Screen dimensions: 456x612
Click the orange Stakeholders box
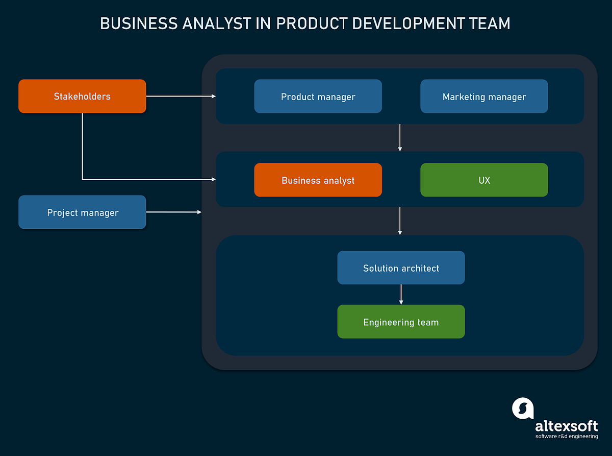[82, 96]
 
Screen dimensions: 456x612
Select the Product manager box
[318, 96]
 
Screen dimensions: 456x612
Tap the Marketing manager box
[484, 96]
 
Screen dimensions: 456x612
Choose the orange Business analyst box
[318, 180]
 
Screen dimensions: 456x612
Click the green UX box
[484, 180]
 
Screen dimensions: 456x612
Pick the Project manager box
[82, 212]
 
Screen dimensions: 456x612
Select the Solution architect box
[401, 268]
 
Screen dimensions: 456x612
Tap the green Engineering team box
[401, 322]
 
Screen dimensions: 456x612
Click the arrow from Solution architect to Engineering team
[401, 295]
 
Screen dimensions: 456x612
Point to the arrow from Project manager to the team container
[173, 212]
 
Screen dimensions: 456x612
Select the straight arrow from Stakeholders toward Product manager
[181, 96]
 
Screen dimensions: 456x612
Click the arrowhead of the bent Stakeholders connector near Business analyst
[213, 179]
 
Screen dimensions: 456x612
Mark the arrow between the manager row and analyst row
[400, 137]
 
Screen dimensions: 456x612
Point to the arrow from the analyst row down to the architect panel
[400, 221]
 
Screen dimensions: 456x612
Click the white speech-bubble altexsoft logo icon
[522, 409]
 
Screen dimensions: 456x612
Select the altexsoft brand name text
[566, 426]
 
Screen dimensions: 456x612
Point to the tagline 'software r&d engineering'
[566, 437]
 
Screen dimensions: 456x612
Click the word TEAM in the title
[491, 23]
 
